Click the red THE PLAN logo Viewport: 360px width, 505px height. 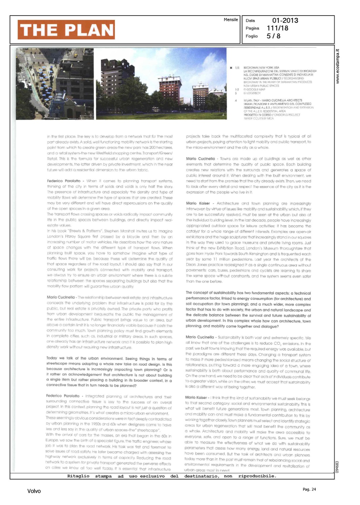[x=66, y=30]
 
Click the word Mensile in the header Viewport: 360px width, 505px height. [x=231, y=20]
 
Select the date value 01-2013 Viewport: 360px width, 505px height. [x=285, y=21]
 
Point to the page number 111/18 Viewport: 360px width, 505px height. [x=277, y=28]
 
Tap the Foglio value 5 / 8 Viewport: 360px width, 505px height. [x=273, y=36]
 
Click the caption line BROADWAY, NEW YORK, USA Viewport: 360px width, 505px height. [x=261, y=68]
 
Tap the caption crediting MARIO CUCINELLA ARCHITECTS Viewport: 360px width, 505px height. [x=273, y=100]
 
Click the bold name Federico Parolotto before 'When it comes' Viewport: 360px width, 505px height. [x=63, y=181]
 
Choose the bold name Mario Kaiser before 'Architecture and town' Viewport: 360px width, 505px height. [x=198, y=203]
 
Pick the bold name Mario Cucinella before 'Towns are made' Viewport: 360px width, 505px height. [x=200, y=159]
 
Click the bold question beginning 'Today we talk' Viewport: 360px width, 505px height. [x=109, y=372]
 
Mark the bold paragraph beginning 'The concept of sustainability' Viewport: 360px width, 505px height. [x=248, y=309]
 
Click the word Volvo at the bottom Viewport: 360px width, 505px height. [x=34, y=491]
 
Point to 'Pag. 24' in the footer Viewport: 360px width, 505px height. [x=309, y=489]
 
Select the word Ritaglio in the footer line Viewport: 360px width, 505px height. [x=78, y=476]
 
